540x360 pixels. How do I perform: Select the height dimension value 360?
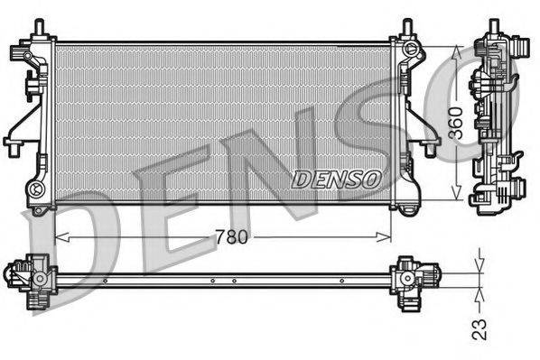pyautogui.click(x=457, y=121)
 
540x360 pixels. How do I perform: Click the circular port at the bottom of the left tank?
pyautogui.click(x=37, y=189)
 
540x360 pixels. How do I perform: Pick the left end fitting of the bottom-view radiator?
pyautogui.click(x=32, y=274)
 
